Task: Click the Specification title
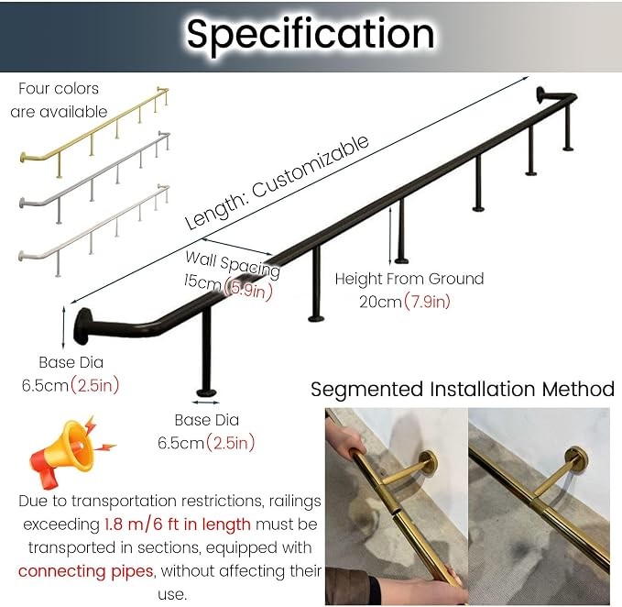coord(311,35)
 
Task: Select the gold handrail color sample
coord(94,133)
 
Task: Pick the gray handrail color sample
coord(94,178)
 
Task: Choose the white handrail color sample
coord(94,230)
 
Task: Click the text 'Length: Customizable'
coord(277,182)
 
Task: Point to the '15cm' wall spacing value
coord(202,281)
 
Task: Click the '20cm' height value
coord(380,302)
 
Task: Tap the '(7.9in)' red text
coord(427,302)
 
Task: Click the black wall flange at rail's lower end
coord(82,326)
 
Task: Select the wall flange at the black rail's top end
coord(541,94)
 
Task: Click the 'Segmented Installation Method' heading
coord(463,389)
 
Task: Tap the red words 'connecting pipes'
coord(86,571)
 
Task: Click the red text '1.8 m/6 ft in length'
coord(178,524)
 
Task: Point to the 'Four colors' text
coord(59,89)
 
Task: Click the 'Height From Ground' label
coord(409,279)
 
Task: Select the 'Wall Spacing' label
coord(233,263)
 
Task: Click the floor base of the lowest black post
coord(207,393)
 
